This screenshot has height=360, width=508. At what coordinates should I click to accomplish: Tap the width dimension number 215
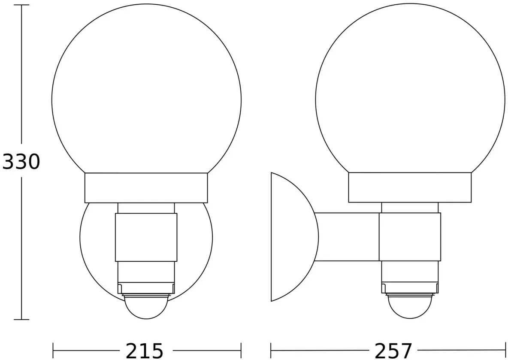pyautogui.click(x=145, y=351)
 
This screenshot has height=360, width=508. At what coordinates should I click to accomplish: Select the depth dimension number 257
pyautogui.click(x=393, y=351)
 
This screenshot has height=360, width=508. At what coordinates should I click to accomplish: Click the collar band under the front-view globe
pyautogui.click(x=146, y=188)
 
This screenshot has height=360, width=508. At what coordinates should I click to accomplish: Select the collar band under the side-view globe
pyautogui.click(x=410, y=188)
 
